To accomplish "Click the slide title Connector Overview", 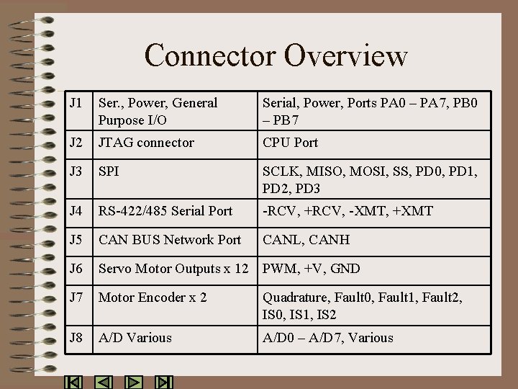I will (x=276, y=55).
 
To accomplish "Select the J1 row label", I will (x=76, y=103).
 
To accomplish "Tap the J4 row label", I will (x=76, y=211).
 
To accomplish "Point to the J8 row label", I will (x=76, y=338).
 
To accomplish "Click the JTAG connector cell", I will (x=146, y=143).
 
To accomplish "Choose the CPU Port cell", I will (x=291, y=143).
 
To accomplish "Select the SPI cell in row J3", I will (x=109, y=171).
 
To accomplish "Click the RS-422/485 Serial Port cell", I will (x=165, y=211).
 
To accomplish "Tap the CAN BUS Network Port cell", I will (x=170, y=240).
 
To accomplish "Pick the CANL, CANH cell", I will (x=306, y=240).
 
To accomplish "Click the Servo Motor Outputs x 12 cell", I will (x=173, y=269).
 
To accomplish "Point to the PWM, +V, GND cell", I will (x=312, y=269).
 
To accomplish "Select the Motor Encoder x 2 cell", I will (x=153, y=298).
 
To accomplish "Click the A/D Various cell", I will (x=135, y=338).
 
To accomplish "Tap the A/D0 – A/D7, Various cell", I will (x=328, y=338).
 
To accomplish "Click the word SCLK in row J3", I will (x=281, y=171).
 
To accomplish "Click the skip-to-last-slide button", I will (x=164, y=383).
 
